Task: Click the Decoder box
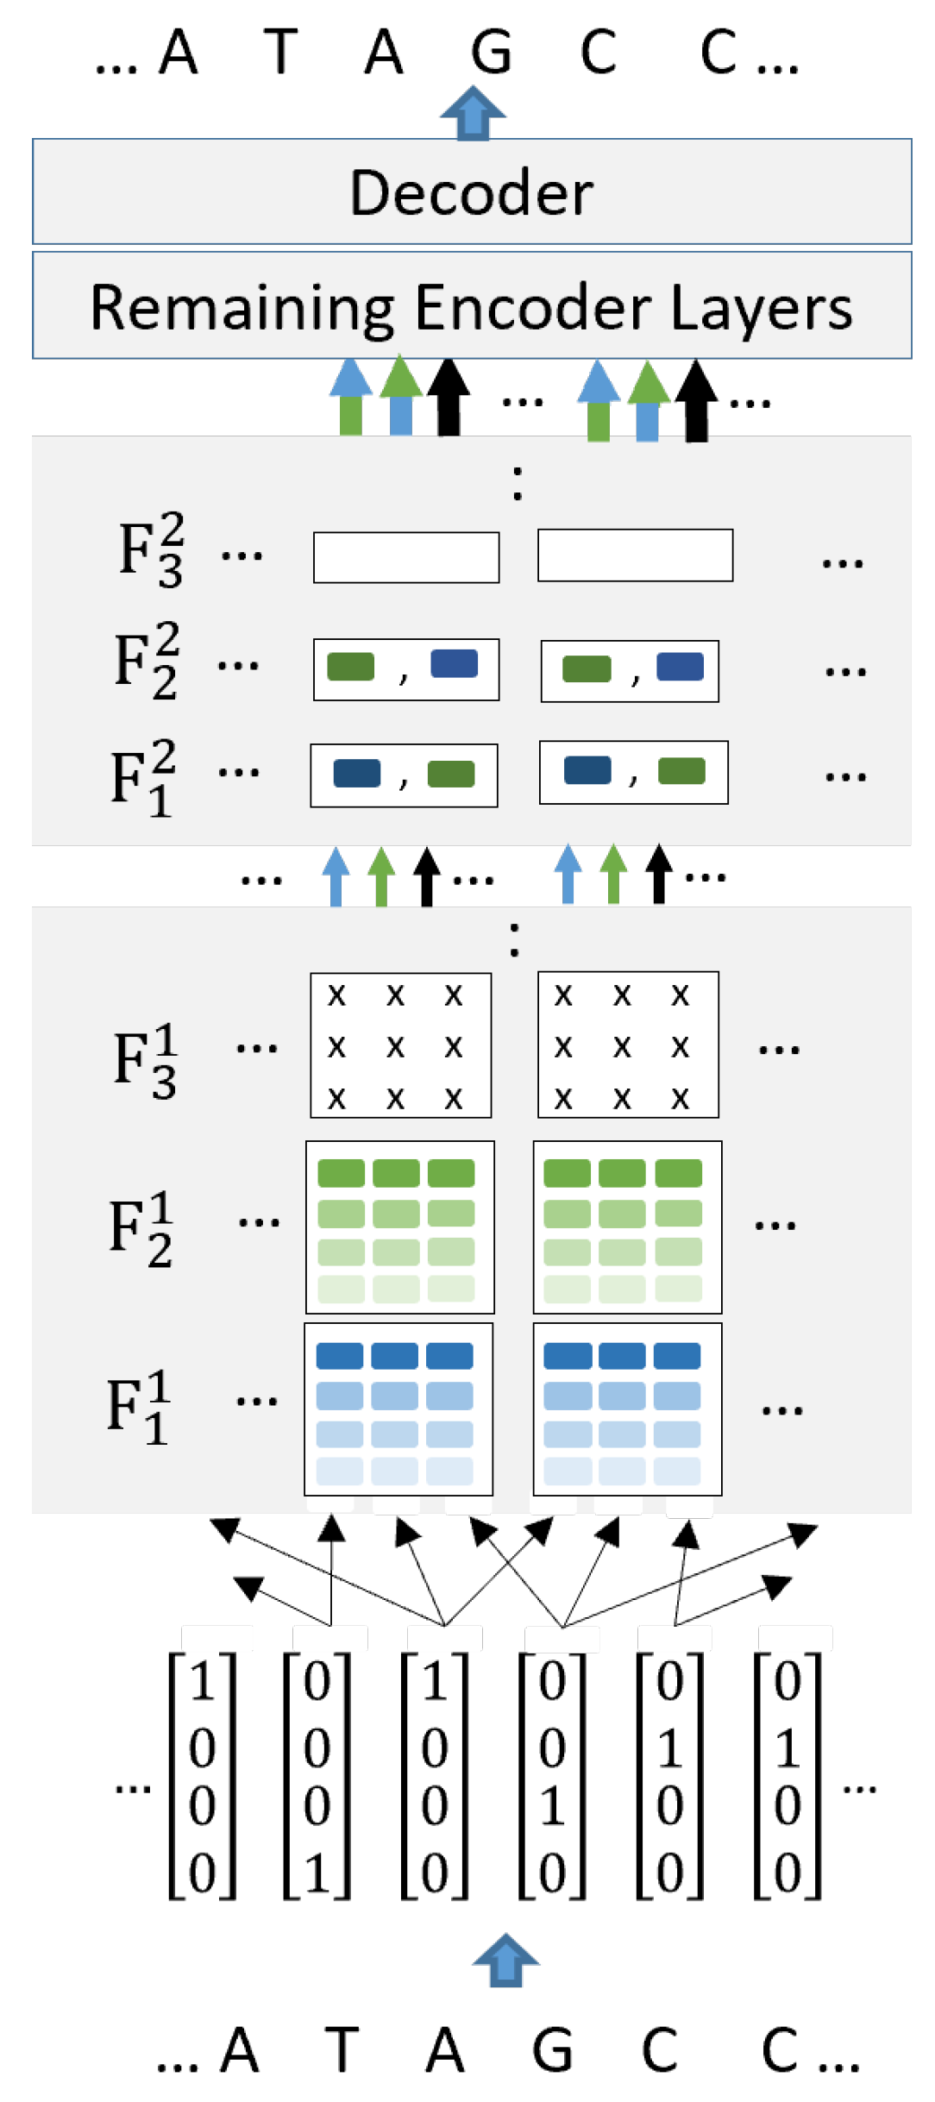[x=472, y=191]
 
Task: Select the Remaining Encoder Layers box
[x=472, y=306]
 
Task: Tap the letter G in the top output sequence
[x=492, y=52]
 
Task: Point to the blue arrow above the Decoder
[x=473, y=113]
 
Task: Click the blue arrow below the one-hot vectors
[x=505, y=1960]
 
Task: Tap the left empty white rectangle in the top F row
[x=406, y=557]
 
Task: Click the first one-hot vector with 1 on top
[x=202, y=1775]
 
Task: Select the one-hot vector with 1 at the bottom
[x=317, y=1775]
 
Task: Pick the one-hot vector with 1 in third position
[x=552, y=1775]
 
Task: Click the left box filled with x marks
[x=401, y=1045]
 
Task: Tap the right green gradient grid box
[x=627, y=1227]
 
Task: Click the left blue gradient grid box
[x=398, y=1409]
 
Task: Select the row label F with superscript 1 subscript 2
[x=141, y=1229]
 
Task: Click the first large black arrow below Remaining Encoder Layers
[x=449, y=398]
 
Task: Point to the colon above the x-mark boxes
[x=514, y=939]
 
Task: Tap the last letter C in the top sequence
[x=719, y=52]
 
